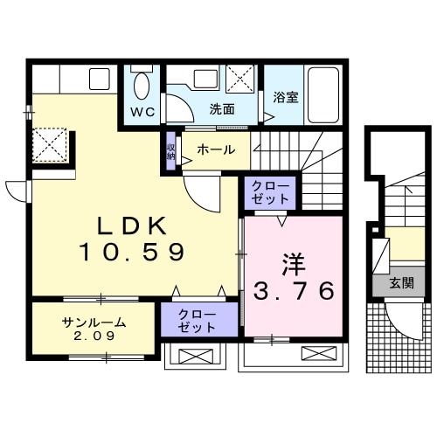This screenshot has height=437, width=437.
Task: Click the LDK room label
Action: (131, 225)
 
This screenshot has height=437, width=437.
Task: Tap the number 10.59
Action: (131, 253)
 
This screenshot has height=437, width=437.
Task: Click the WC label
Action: (142, 111)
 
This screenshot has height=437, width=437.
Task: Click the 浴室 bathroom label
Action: (285, 98)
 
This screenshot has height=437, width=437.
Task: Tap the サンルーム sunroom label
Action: (94, 323)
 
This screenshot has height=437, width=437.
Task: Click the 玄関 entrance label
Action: (402, 283)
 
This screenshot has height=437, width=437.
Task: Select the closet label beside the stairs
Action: (270, 192)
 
